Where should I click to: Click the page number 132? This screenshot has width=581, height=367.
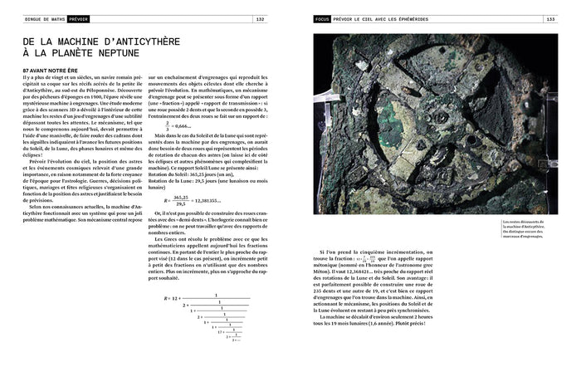[260, 18]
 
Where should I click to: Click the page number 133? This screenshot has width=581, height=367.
[549, 18]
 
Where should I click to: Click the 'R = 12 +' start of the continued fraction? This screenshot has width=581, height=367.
[173, 296]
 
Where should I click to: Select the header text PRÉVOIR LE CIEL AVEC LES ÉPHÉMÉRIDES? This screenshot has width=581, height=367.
[393, 18]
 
